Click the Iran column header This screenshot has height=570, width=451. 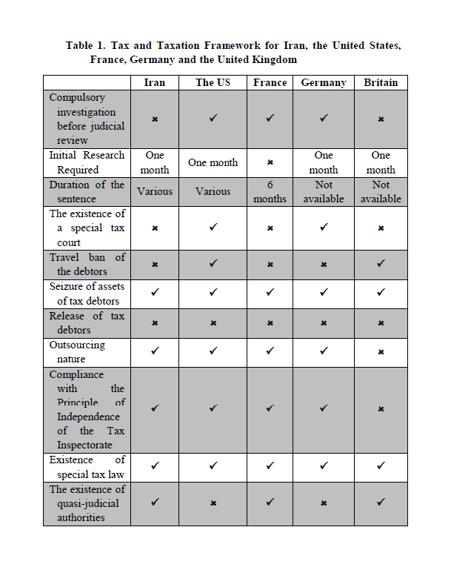click(154, 82)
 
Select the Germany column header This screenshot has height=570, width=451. click(324, 82)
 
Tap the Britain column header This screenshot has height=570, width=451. click(381, 82)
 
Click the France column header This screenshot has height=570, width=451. click(270, 82)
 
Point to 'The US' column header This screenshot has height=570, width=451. click(213, 82)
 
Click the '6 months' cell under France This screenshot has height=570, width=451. click(270, 191)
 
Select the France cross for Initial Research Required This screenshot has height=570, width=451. click(270, 162)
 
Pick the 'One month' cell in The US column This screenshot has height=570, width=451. click(213, 162)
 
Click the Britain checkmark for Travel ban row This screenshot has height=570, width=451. click(381, 264)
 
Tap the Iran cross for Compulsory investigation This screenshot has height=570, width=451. click(154, 119)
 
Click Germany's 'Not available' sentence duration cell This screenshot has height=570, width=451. click(324, 191)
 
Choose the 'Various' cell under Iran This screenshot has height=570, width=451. click(154, 191)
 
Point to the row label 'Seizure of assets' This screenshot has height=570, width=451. click(87, 293)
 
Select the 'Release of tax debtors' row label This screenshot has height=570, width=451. click(87, 322)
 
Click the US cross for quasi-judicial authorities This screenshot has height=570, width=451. click(213, 503)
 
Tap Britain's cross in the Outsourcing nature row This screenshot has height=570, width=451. click(381, 351)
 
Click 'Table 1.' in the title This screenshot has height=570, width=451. click(84, 45)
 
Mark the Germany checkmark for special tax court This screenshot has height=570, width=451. click(324, 228)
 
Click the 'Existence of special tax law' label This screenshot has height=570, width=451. click(87, 467)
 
